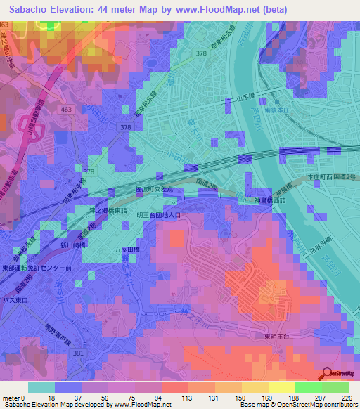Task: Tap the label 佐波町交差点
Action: [x=158, y=189]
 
